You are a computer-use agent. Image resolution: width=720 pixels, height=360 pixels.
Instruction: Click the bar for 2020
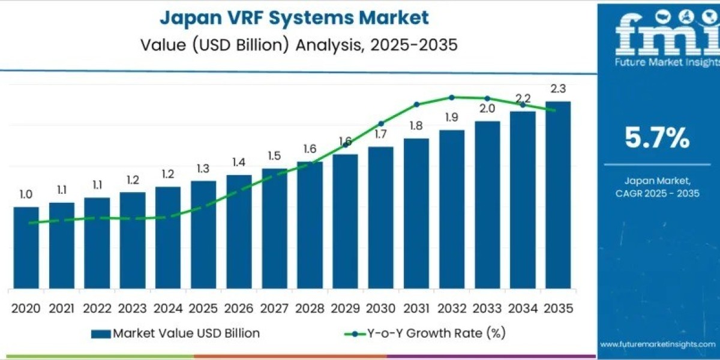pyautogui.click(x=26, y=247)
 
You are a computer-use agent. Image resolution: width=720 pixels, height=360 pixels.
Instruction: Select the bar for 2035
pyautogui.click(x=557, y=195)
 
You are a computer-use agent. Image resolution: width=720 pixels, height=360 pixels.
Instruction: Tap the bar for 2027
pyautogui.click(x=274, y=228)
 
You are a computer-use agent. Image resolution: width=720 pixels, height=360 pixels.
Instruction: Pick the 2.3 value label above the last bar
pyautogui.click(x=558, y=89)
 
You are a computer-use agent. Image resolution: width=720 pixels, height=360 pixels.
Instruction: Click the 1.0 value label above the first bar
pyautogui.click(x=26, y=194)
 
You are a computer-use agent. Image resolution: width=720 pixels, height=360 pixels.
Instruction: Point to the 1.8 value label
pyautogui.click(x=416, y=126)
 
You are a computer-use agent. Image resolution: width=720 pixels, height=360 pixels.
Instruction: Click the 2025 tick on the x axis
pyautogui.click(x=203, y=308)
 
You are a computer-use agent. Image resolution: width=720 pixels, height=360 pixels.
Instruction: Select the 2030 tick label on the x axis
pyautogui.click(x=380, y=308)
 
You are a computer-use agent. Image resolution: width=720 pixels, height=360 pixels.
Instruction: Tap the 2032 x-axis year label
pyautogui.click(x=451, y=308)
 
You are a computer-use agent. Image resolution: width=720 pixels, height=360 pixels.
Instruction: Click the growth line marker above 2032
pyautogui.click(x=451, y=97)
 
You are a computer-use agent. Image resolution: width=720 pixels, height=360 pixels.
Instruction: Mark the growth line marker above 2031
pyautogui.click(x=416, y=104)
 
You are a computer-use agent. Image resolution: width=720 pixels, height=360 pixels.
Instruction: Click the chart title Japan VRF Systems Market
pyautogui.click(x=294, y=18)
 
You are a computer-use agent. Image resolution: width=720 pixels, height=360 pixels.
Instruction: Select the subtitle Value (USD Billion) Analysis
pyautogui.click(x=294, y=45)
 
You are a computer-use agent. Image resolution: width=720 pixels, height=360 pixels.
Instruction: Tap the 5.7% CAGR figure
pyautogui.click(x=657, y=138)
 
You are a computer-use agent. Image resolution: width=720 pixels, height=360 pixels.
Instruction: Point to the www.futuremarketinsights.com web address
pyautogui.click(x=658, y=344)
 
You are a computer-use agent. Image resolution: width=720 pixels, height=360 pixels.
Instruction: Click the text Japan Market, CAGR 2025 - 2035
pyautogui.click(x=658, y=187)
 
